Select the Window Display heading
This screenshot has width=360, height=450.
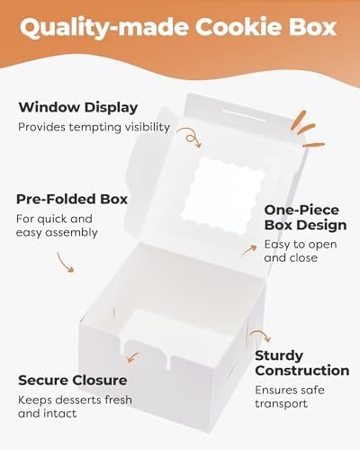coord(78,108)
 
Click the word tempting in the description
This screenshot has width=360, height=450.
coord(96,127)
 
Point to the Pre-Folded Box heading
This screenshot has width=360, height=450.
coord(72,199)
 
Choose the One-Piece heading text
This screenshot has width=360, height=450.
coord(301,210)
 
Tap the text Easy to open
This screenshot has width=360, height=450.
coord(301,245)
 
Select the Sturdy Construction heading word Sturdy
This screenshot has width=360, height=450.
coord(279,356)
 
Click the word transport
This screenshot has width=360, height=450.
coord(281,404)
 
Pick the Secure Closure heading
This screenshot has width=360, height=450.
coord(73,381)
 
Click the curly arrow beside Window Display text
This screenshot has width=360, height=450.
coord(189,138)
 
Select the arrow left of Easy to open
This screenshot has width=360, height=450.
coord(247,251)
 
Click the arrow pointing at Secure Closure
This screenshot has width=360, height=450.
coord(132,357)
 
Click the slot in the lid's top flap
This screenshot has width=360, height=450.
coord(244,115)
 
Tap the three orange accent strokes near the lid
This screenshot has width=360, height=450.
coord(308,130)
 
